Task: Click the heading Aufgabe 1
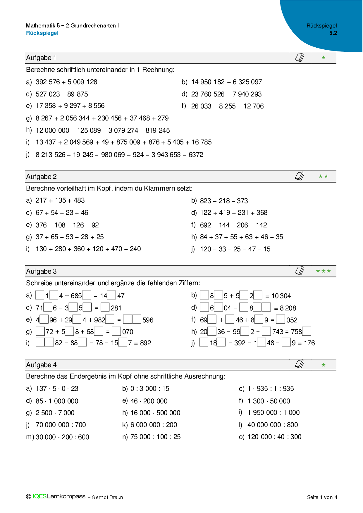[x=41, y=58]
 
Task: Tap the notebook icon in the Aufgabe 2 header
[x=299, y=176]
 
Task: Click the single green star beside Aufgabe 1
[x=323, y=58]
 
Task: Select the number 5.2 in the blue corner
[x=333, y=33]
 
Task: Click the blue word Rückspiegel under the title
[x=42, y=33]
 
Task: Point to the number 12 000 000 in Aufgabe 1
[x=52, y=130]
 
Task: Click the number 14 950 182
[x=208, y=82]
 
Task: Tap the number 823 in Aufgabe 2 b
[x=205, y=201]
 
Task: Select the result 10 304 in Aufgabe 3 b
[x=281, y=296]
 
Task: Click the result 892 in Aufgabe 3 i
[x=145, y=343]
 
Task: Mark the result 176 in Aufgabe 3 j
[x=309, y=343]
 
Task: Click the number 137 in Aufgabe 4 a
[x=41, y=389]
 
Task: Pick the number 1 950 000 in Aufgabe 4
[x=262, y=412]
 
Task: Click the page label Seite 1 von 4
[x=322, y=497]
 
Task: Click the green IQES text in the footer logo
[x=39, y=496]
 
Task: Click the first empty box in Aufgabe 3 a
[x=40, y=295]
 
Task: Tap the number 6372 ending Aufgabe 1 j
[x=196, y=155]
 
